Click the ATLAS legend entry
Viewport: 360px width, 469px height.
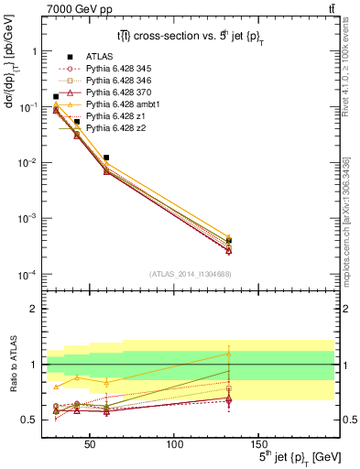point(98,56)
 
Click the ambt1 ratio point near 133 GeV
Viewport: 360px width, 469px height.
point(229,354)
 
